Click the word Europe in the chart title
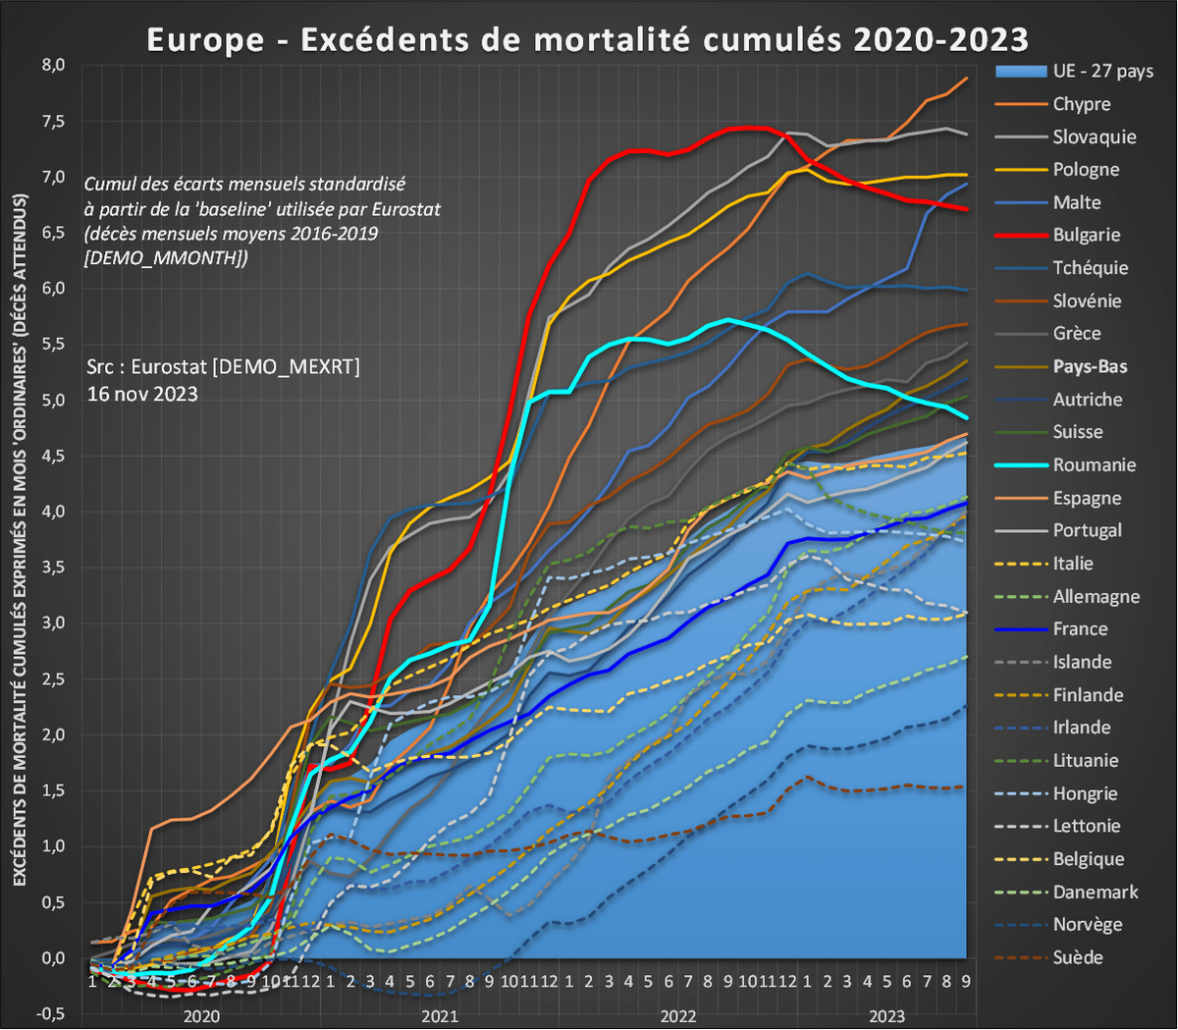click(x=205, y=39)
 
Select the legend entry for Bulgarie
click(x=1086, y=235)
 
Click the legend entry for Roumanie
click(x=1094, y=464)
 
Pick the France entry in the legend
click(x=1080, y=628)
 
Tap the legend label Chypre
click(x=1081, y=104)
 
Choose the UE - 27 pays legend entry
click(x=1102, y=71)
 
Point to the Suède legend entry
click(x=1077, y=957)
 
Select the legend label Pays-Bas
click(x=1090, y=366)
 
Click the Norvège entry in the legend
click(x=1087, y=924)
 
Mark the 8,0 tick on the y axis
click(x=53, y=65)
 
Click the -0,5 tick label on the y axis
click(x=51, y=1012)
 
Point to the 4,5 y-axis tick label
click(x=53, y=455)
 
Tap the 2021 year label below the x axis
click(x=440, y=1016)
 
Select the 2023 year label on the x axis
click(x=886, y=1016)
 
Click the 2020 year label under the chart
click(x=201, y=1016)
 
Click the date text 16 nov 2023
click(x=142, y=394)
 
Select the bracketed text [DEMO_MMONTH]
click(x=165, y=257)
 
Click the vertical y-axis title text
click(x=20, y=540)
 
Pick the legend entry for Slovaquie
click(x=1094, y=136)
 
